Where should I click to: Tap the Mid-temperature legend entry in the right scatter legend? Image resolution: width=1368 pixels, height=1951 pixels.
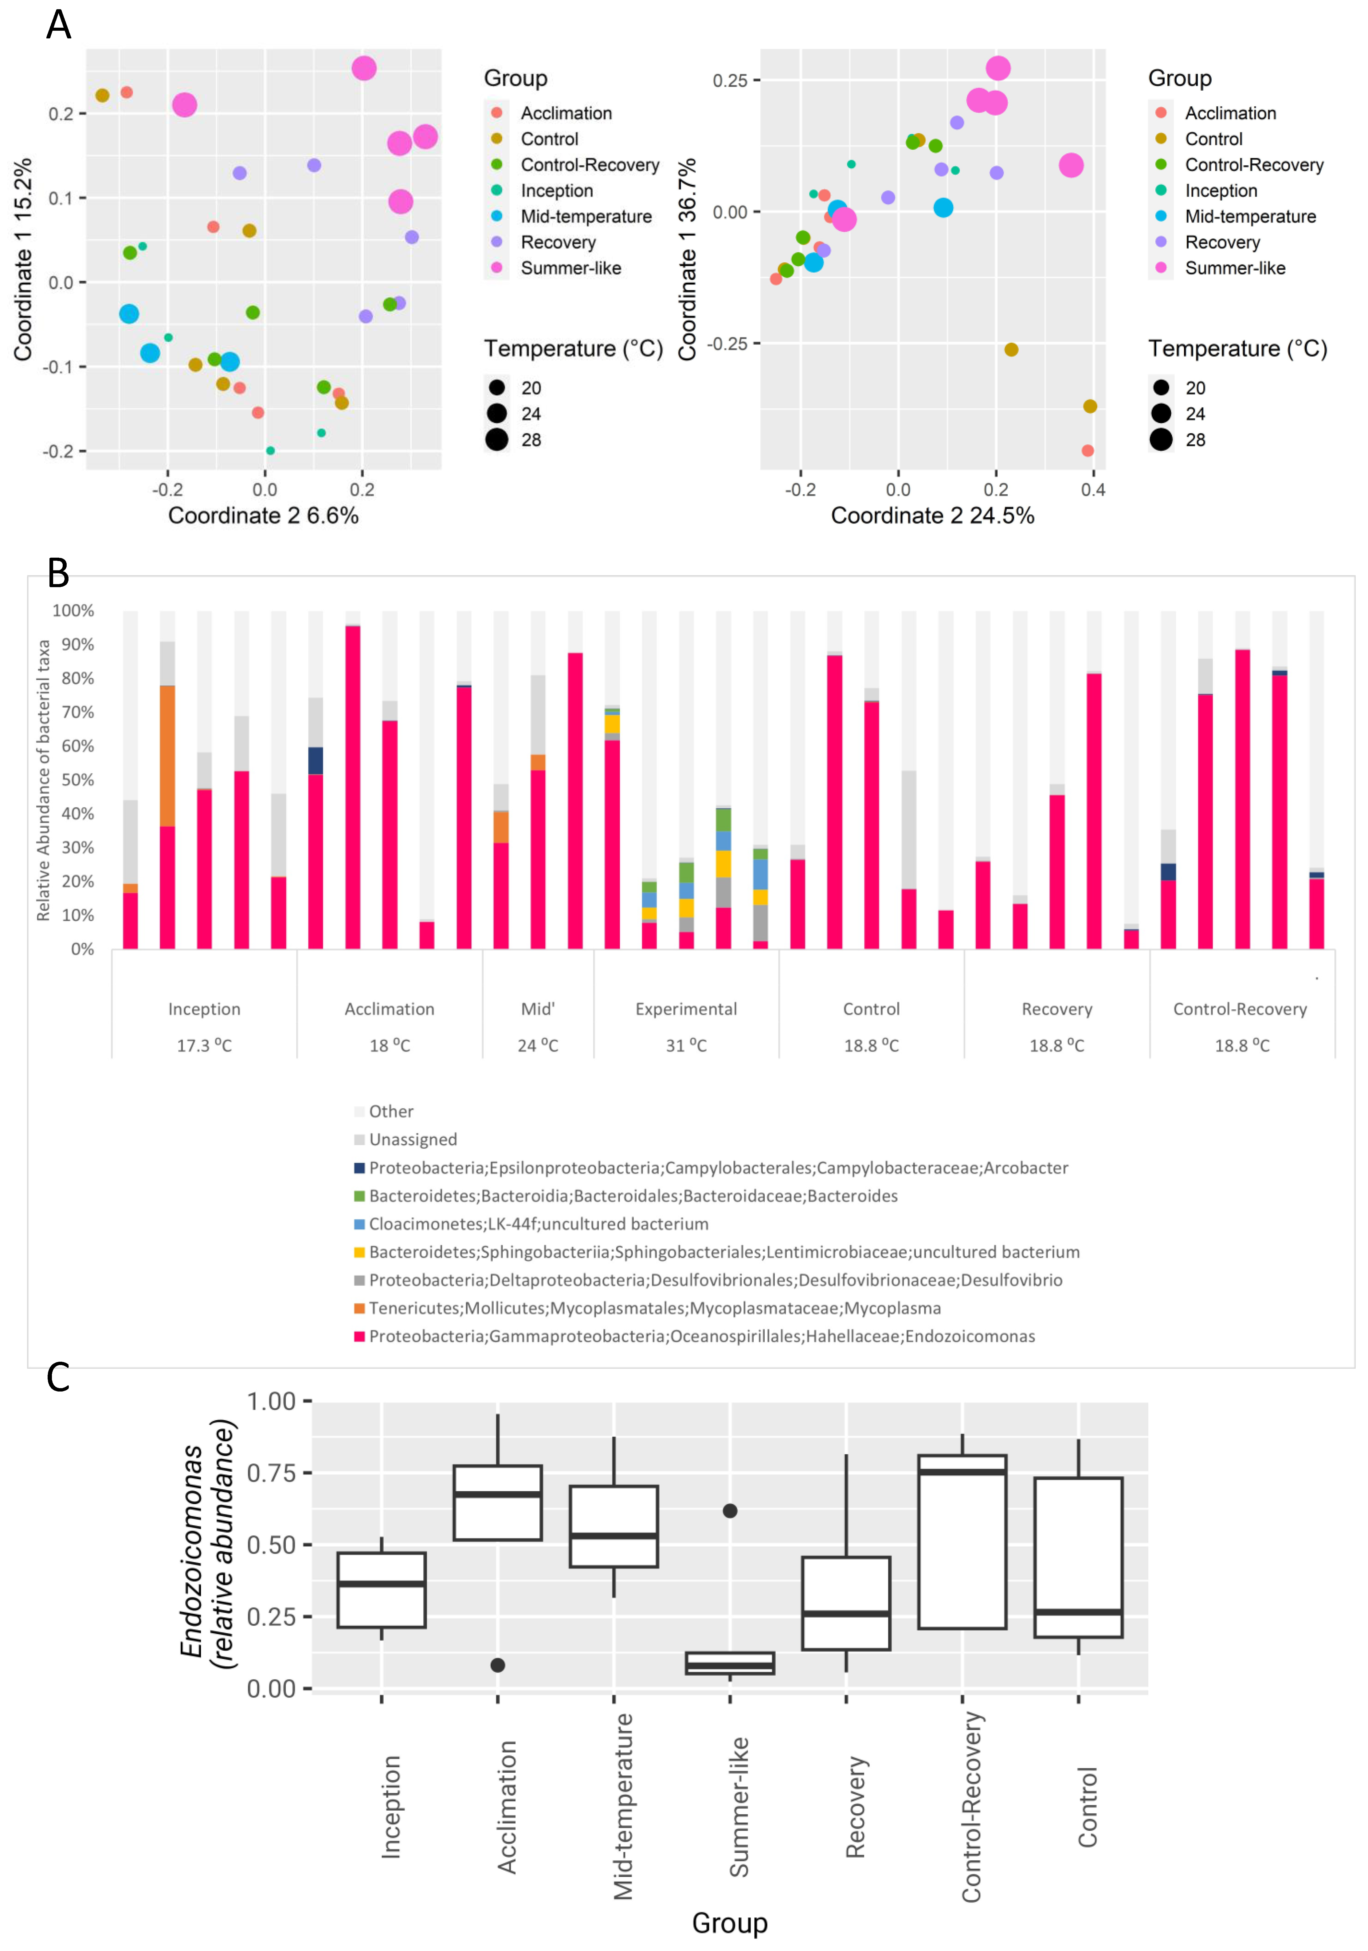tap(1250, 217)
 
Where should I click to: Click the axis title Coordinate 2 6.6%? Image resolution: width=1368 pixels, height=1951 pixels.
tap(263, 516)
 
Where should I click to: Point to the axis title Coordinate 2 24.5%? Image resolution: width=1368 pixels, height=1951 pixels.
tap(932, 516)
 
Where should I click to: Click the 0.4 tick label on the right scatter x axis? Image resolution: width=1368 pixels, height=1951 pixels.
tap(1093, 489)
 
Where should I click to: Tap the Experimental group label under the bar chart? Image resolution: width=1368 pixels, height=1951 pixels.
tap(686, 1009)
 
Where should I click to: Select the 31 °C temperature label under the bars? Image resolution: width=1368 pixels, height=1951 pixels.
tap(686, 1045)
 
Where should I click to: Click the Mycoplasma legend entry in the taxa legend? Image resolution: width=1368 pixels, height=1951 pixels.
tap(654, 1308)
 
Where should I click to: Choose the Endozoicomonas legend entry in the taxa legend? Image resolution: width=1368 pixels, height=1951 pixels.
tap(701, 1336)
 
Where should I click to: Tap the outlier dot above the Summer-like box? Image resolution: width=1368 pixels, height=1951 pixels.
tap(730, 1511)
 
